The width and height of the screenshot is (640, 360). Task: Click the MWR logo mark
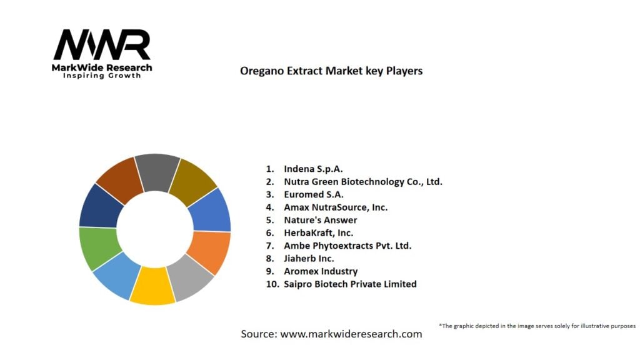(102, 45)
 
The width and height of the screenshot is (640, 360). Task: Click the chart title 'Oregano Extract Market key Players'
(331, 71)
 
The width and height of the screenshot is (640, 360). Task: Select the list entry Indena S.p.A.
(313, 169)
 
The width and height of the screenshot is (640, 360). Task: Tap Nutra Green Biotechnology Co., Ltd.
(362, 182)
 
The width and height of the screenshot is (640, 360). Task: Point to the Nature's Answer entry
(320, 220)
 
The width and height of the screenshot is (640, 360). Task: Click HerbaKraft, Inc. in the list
(318, 232)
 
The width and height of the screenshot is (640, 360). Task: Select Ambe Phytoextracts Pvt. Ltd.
(347, 246)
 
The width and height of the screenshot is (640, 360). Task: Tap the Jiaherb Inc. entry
(309, 258)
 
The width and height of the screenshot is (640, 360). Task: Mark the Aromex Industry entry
(320, 271)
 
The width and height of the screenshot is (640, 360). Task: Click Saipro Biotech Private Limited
(349, 284)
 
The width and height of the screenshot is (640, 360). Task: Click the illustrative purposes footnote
(537, 326)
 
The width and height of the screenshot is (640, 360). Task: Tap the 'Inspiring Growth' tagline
(102, 76)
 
